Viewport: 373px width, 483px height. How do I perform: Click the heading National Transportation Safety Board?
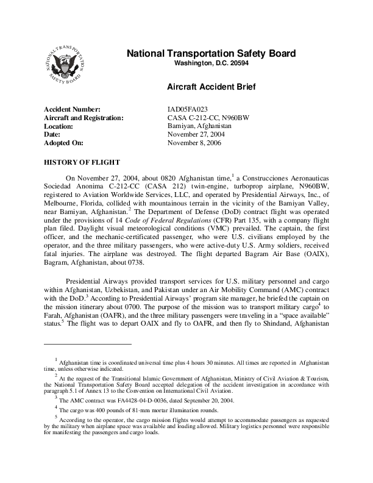tap(211, 54)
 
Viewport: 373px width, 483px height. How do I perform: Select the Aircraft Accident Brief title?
tap(211, 87)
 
